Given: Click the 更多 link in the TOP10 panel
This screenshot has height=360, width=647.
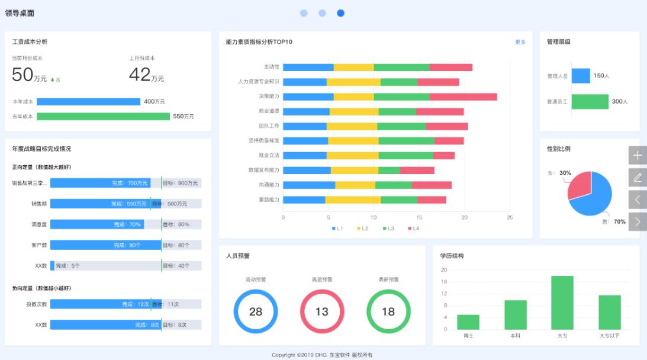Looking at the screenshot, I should [x=520, y=42].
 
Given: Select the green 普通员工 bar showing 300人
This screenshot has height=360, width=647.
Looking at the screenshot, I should [x=590, y=101].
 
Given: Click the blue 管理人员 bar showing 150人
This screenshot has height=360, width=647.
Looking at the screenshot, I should [x=581, y=76].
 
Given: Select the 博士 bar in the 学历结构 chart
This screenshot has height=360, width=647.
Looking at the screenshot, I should [x=468, y=322].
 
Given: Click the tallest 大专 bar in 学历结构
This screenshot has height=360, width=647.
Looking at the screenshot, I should [x=562, y=303].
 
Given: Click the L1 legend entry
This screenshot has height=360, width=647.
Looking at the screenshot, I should [x=337, y=229].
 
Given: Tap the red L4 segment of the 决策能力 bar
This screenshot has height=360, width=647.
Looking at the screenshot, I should [x=463, y=97].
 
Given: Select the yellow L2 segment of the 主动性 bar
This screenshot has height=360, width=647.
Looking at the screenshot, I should [x=354, y=67].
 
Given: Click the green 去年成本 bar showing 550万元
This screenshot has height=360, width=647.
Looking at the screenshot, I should [x=103, y=117].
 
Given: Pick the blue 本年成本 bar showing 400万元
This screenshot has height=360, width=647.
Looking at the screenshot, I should [x=88, y=102].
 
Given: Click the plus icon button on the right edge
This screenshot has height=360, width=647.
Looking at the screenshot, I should [x=638, y=155].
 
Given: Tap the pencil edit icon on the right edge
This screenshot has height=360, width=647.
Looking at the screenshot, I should [x=638, y=177].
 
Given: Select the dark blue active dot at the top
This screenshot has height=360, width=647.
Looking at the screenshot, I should [x=340, y=13].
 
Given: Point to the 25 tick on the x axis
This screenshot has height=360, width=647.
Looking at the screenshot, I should [x=510, y=218].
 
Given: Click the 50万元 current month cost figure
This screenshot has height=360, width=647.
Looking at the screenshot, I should [x=29, y=75].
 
